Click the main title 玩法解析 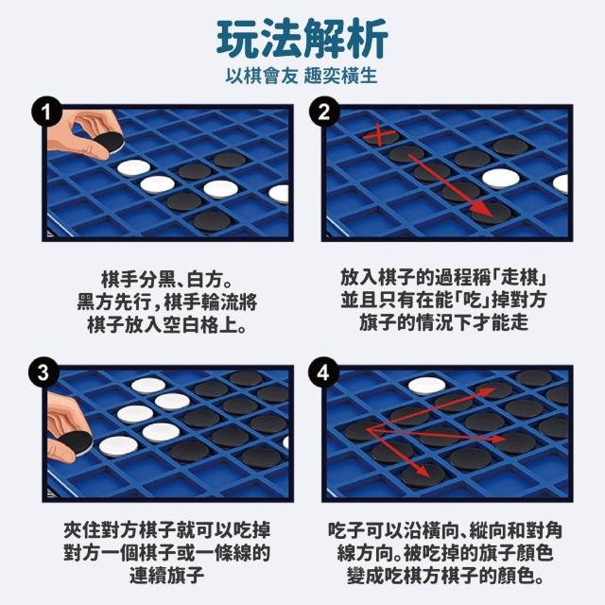pos(302,39)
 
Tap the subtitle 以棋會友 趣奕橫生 pos(302,76)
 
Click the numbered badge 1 pos(46,112)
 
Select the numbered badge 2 pos(324,112)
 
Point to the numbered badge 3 pos(43,372)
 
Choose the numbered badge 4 pos(323,372)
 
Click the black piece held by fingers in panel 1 pos(110,142)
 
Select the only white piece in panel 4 pos(426,385)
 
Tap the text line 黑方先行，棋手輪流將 pos(166,302)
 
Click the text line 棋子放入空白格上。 pos(166,325)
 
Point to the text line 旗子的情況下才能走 pos(443,322)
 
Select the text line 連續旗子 pos(166,575)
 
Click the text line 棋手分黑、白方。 pos(166,280)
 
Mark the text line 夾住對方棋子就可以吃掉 pos(166,530)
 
